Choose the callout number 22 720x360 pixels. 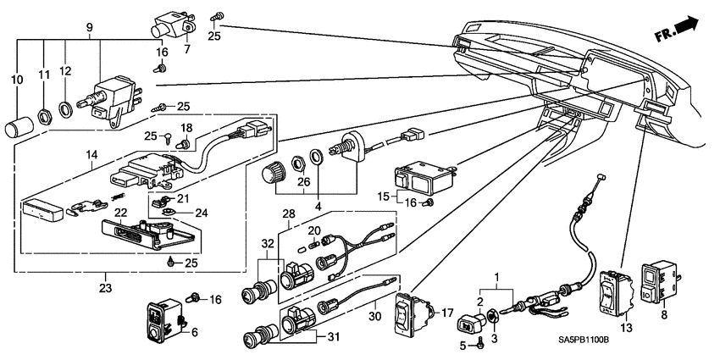(x=120, y=213)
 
